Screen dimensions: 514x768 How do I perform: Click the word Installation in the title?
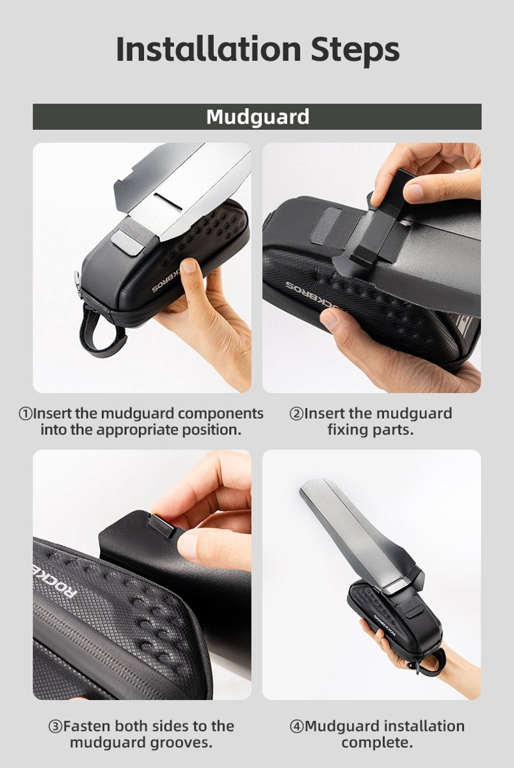click(209, 49)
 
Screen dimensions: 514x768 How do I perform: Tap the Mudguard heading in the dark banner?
click(257, 117)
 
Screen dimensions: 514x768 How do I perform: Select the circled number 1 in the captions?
click(25, 414)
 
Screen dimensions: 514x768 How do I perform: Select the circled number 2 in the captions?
click(296, 414)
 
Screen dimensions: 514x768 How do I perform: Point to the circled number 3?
click(55, 726)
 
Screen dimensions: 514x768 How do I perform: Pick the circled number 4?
click(297, 726)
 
